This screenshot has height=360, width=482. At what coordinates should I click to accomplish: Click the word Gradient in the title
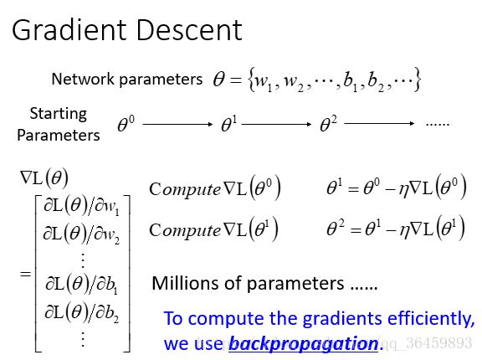coord(70,30)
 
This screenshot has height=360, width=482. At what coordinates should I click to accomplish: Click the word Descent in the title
coord(189,30)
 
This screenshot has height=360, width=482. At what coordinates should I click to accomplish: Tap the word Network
coord(83,79)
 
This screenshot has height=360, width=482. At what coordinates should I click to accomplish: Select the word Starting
coord(59,115)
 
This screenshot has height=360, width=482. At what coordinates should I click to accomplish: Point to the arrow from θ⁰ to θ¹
coord(177,124)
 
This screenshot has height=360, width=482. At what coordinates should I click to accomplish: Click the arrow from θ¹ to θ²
coord(277,124)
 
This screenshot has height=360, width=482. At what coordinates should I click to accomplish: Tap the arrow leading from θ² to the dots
coord(379,124)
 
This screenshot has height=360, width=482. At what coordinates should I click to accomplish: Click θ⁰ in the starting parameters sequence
coord(126,124)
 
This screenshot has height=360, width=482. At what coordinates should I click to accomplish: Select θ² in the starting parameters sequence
coord(328,124)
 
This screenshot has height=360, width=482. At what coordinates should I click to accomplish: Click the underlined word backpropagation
coord(304,343)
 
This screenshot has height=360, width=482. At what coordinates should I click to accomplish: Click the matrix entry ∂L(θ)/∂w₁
coord(82,206)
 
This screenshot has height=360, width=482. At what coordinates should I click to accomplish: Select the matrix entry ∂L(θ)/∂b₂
coord(82,313)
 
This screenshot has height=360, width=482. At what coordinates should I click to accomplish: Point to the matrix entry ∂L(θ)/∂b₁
coord(82,284)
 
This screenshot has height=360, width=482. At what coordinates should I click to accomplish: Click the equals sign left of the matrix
coord(25,274)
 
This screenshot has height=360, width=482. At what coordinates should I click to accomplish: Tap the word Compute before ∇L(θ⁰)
coord(185,189)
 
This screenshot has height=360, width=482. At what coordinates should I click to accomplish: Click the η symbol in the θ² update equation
coord(404,231)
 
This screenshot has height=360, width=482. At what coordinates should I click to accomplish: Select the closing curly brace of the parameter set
coord(417,80)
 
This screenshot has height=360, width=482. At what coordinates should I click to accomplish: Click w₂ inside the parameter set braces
coord(293,82)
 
